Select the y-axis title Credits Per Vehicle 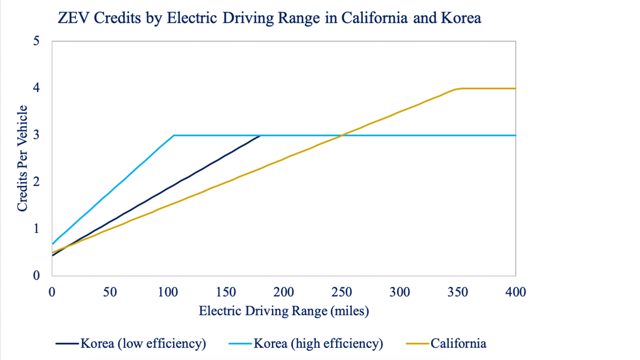(x=22, y=158)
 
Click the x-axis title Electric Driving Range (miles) (x=284, y=311)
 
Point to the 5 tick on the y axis (x=36, y=41)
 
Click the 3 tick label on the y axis (x=36, y=135)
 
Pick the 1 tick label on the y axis (x=36, y=229)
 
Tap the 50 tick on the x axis (x=110, y=292)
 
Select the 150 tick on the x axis (x=226, y=292)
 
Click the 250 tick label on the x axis (x=342, y=292)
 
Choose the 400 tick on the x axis (x=515, y=292)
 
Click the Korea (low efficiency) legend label (x=143, y=343)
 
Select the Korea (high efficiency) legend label (x=318, y=343)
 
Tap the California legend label (x=458, y=343)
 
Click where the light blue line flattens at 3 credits (x=174, y=135)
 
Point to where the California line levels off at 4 (x=460, y=89)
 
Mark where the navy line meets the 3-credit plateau (x=260, y=135)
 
